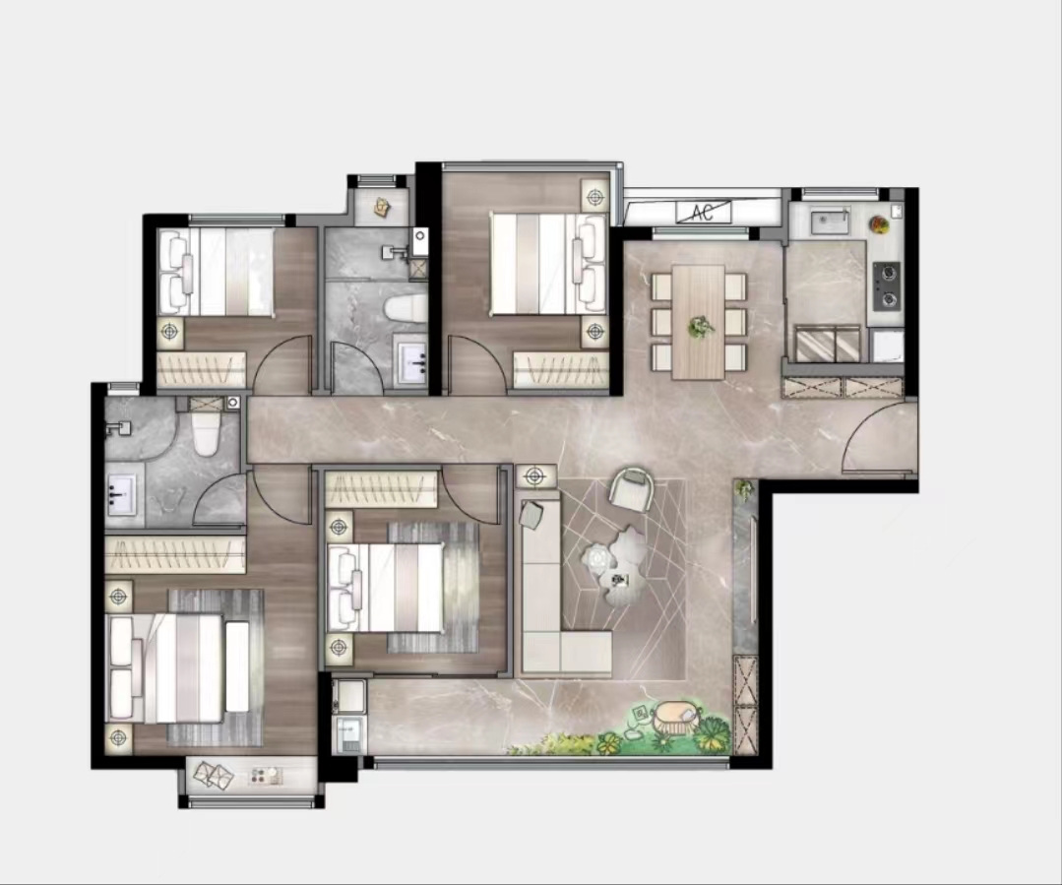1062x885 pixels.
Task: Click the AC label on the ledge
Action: tap(703, 212)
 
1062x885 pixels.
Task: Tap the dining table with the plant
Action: tap(698, 322)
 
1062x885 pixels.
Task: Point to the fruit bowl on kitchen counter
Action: tap(880, 224)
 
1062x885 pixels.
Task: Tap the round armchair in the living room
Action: tap(633, 489)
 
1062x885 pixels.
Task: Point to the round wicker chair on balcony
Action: tap(676, 717)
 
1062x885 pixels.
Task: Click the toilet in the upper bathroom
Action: tap(406, 309)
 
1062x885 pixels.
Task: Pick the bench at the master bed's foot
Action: tap(237, 666)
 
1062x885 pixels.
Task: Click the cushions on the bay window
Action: tap(214, 775)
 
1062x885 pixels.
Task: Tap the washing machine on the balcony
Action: tap(349, 734)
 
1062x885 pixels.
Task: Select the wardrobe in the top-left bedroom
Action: tap(201, 369)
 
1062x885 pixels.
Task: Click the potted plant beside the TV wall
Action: tap(745, 489)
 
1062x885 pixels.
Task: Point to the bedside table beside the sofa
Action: tap(535, 475)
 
